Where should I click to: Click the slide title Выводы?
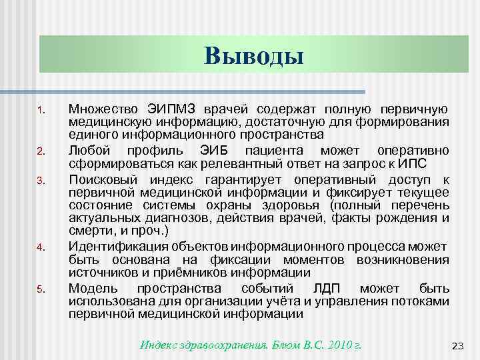point(253,55)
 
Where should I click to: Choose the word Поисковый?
point(99,180)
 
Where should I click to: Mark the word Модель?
point(92,289)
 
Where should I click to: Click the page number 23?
point(457,345)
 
